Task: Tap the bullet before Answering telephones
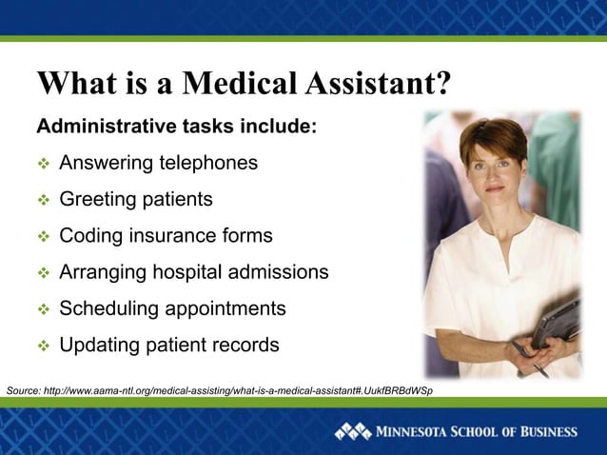click(42, 164)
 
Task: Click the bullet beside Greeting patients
click(42, 200)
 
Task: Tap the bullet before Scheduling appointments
click(42, 309)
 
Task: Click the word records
click(245, 345)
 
